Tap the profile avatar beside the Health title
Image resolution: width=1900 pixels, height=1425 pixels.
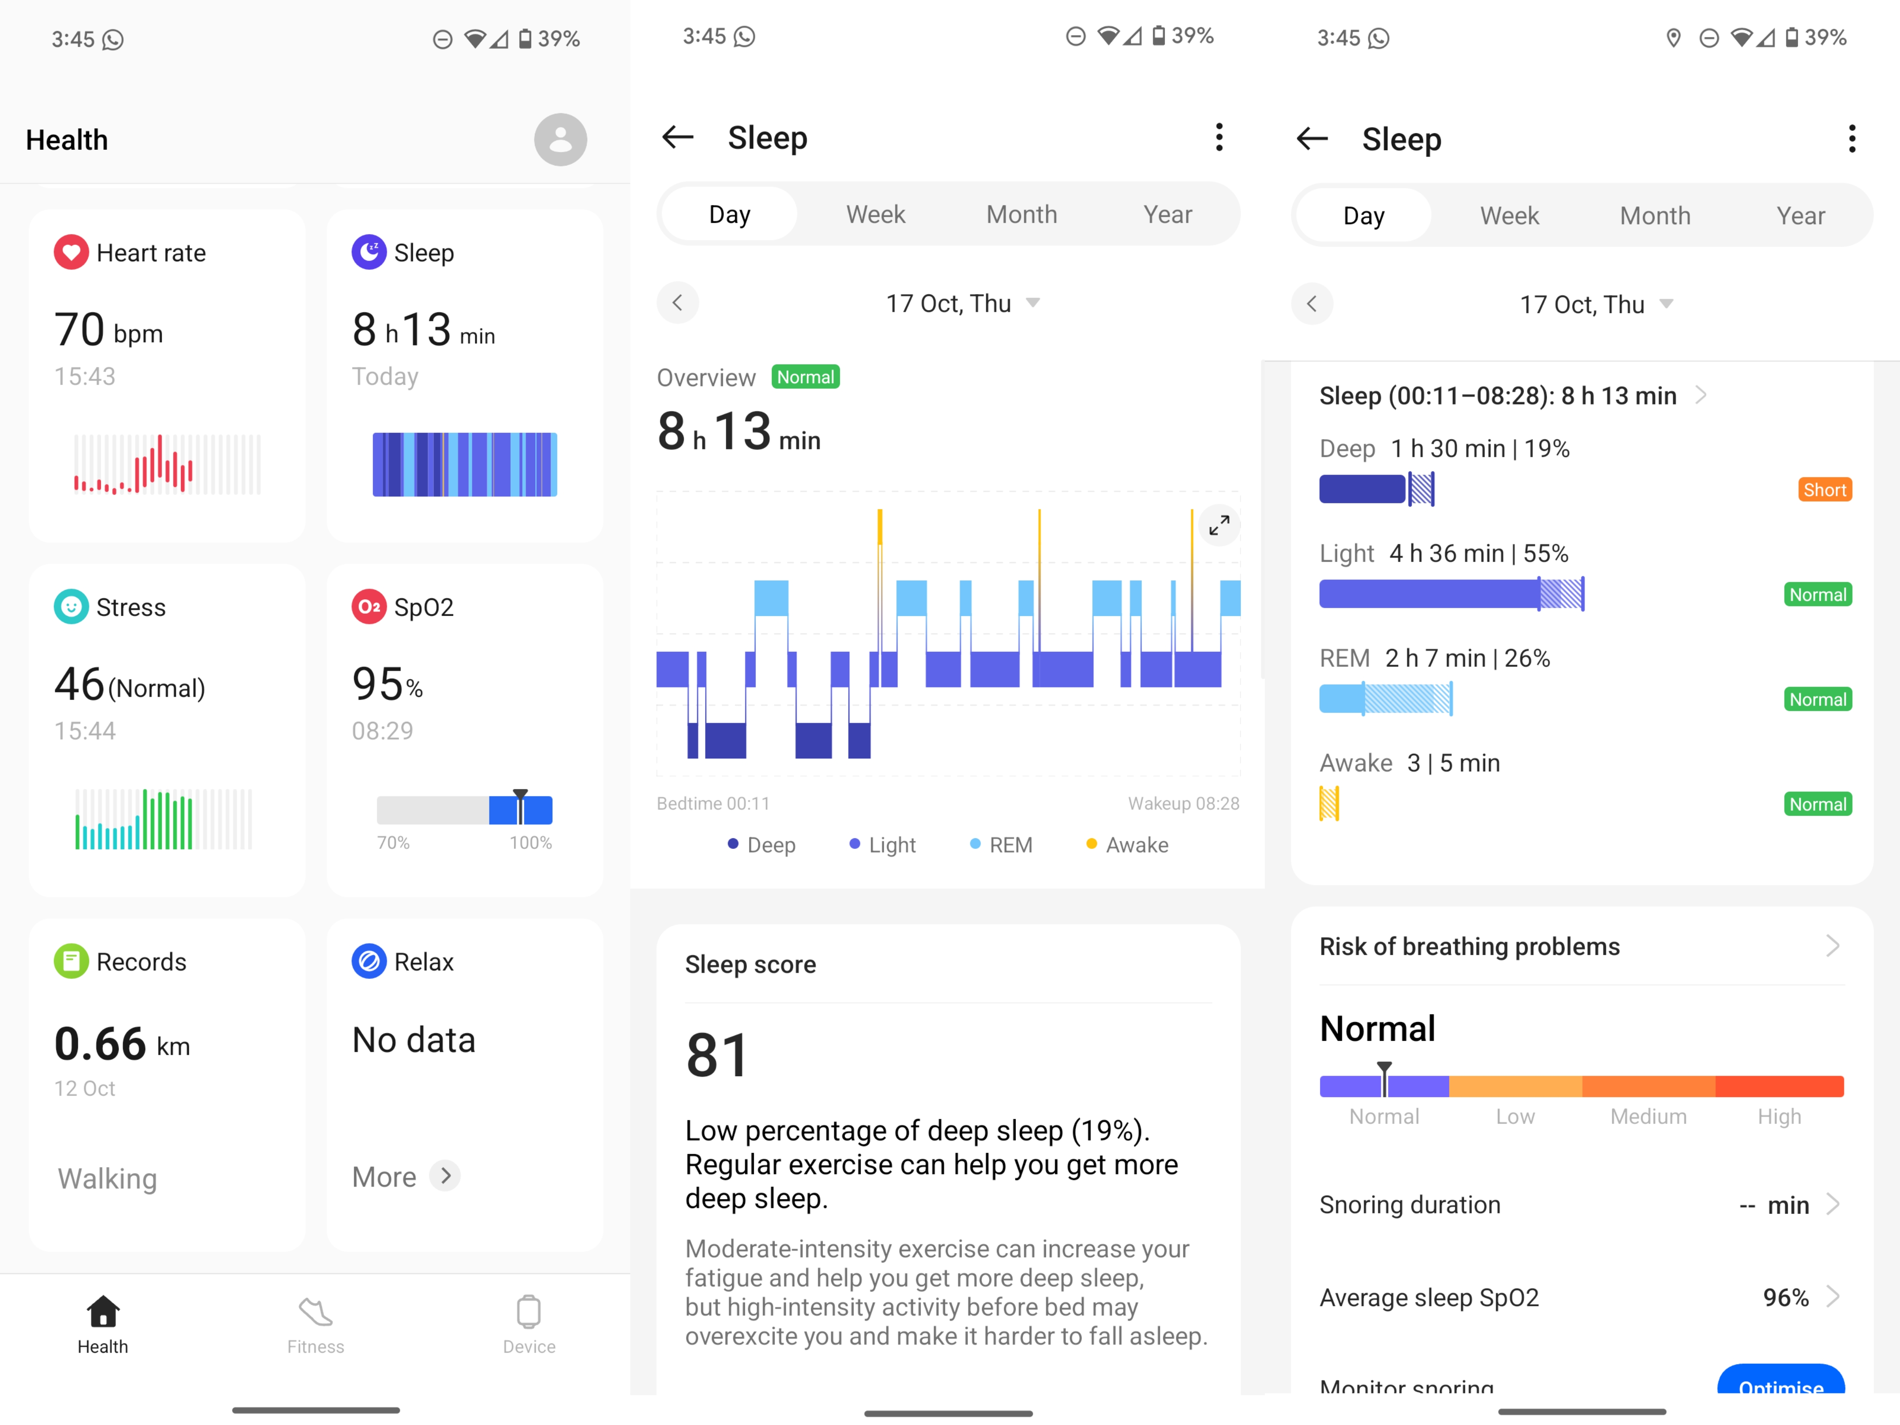point(560,139)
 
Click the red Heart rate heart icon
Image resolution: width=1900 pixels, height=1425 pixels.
point(71,252)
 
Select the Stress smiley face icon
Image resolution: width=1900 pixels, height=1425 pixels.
point(71,606)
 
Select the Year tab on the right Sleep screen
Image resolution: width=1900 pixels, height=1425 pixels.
point(1800,216)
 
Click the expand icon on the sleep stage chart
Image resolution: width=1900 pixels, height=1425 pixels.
point(1219,524)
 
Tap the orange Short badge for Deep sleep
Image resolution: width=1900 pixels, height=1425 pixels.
point(1824,489)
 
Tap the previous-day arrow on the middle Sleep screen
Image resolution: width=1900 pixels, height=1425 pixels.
point(678,302)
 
